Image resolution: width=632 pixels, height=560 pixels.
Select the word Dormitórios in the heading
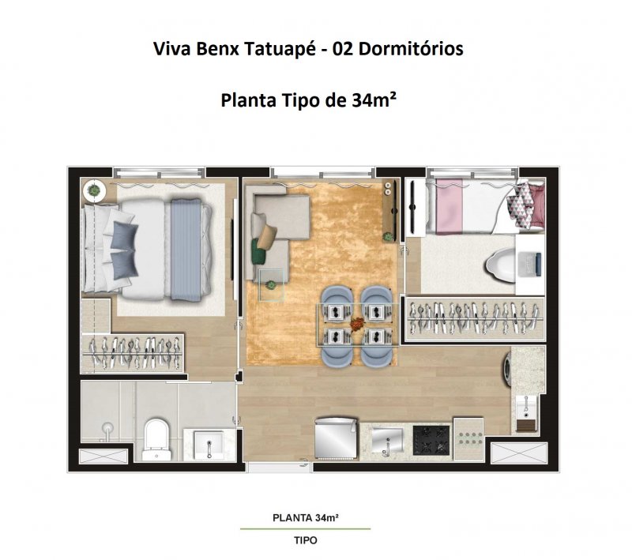click(411, 49)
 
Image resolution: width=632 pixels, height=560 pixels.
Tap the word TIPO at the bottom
click(306, 540)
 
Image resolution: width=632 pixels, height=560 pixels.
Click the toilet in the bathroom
click(156, 439)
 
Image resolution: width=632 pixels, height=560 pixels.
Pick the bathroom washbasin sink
click(208, 445)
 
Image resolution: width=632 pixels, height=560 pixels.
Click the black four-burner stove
click(431, 440)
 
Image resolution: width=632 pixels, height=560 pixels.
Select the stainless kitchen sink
click(387, 440)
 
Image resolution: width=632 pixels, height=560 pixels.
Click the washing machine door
click(507, 367)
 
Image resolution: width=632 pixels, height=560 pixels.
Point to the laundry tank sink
click(526, 408)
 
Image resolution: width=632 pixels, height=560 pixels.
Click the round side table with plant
click(94, 190)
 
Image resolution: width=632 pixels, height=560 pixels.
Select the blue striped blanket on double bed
click(186, 250)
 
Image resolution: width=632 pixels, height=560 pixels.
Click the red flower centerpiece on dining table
click(356, 323)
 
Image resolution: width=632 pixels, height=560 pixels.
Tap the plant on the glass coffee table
click(271, 286)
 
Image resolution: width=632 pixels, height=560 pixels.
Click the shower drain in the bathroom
click(107, 427)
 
